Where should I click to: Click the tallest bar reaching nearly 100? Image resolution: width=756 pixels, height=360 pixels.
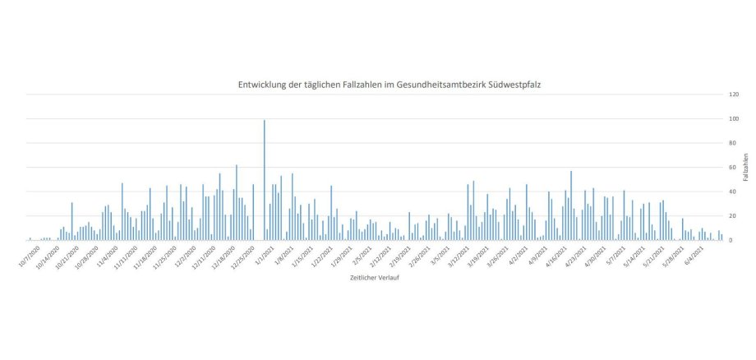point(264,181)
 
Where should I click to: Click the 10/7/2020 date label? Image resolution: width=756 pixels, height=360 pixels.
point(28,256)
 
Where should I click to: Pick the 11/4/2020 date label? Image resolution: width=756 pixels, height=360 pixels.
point(108,256)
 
